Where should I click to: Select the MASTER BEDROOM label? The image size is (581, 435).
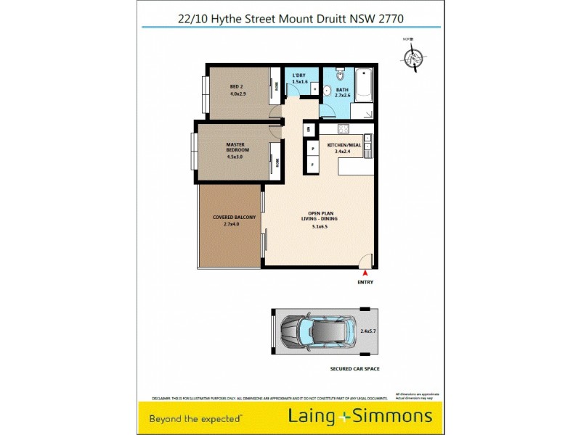click(234, 146)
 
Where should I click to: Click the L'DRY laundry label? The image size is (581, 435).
click(299, 76)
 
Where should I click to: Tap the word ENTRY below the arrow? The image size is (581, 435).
click(365, 282)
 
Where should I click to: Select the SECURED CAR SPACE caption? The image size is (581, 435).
click(354, 369)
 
